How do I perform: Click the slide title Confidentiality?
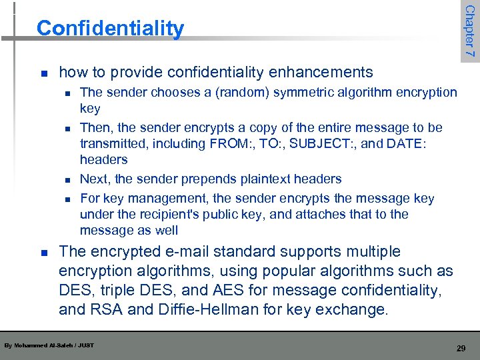(x=110, y=29)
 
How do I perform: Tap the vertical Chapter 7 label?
(x=469, y=31)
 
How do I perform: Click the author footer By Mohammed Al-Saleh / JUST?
(x=49, y=345)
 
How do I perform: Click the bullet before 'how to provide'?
(x=43, y=73)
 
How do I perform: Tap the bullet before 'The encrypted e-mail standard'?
(x=43, y=253)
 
